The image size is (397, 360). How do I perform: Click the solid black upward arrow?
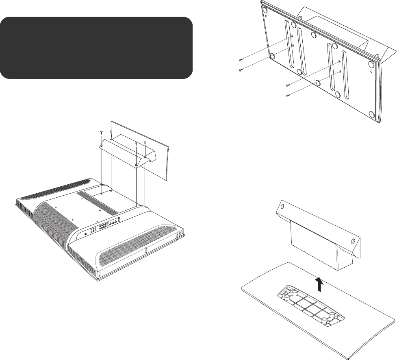(x=319, y=284)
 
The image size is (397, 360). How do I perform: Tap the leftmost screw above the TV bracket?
(x=101, y=133)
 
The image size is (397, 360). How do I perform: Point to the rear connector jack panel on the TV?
(x=105, y=225)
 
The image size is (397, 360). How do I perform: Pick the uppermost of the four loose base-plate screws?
(x=241, y=61)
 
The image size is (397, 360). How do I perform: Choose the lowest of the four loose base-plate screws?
(x=287, y=96)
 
